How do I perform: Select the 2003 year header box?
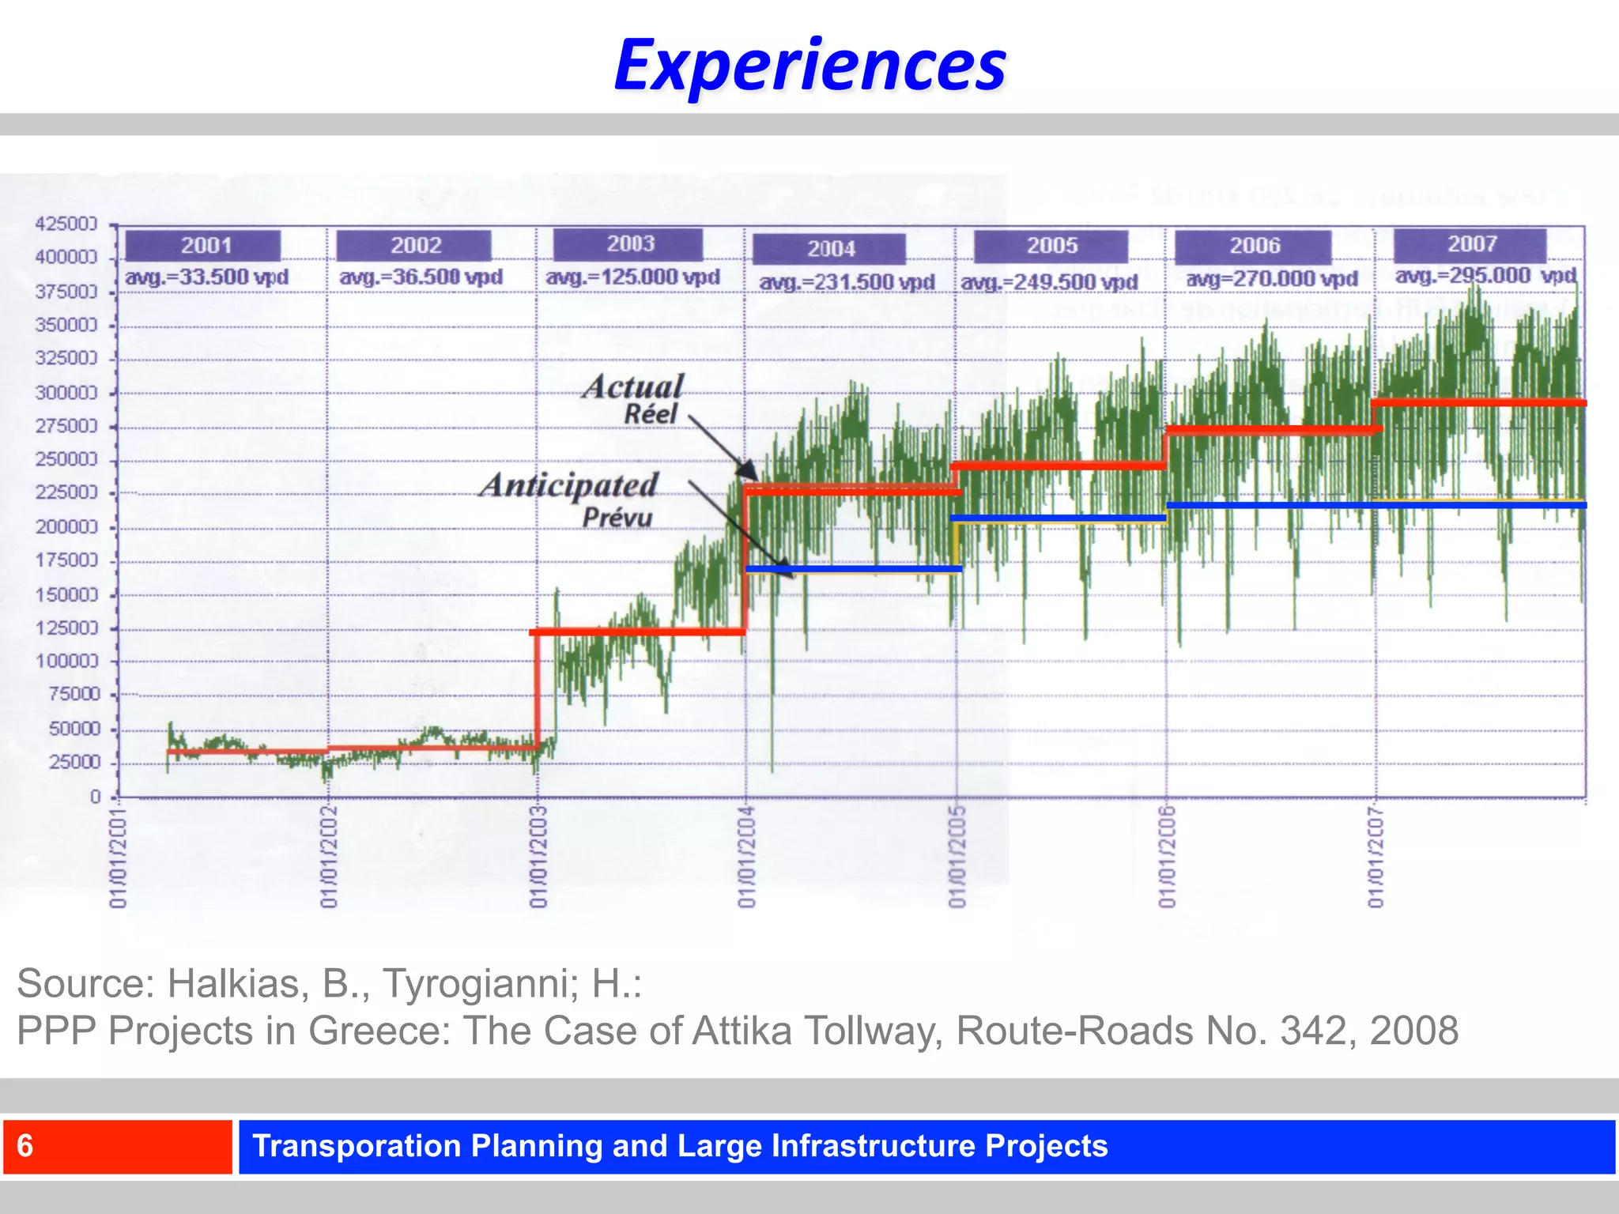click(x=628, y=244)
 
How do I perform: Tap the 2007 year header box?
click(x=1470, y=244)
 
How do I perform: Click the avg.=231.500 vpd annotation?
click(x=847, y=282)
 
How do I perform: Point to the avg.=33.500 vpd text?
click(x=207, y=277)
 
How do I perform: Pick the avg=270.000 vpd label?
click(x=1271, y=279)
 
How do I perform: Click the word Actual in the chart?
click(x=633, y=387)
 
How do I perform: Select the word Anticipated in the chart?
click(x=569, y=485)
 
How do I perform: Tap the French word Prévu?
click(x=617, y=518)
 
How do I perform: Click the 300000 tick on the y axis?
click(x=66, y=393)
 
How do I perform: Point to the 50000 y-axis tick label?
click(x=74, y=729)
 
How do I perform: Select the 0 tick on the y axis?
click(x=96, y=797)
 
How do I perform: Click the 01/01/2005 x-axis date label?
click(x=957, y=857)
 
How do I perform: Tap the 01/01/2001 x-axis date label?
click(x=118, y=857)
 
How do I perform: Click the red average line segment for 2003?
click(x=637, y=632)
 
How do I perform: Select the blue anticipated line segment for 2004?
click(x=854, y=568)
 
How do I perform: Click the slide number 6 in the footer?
click(x=25, y=1146)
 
